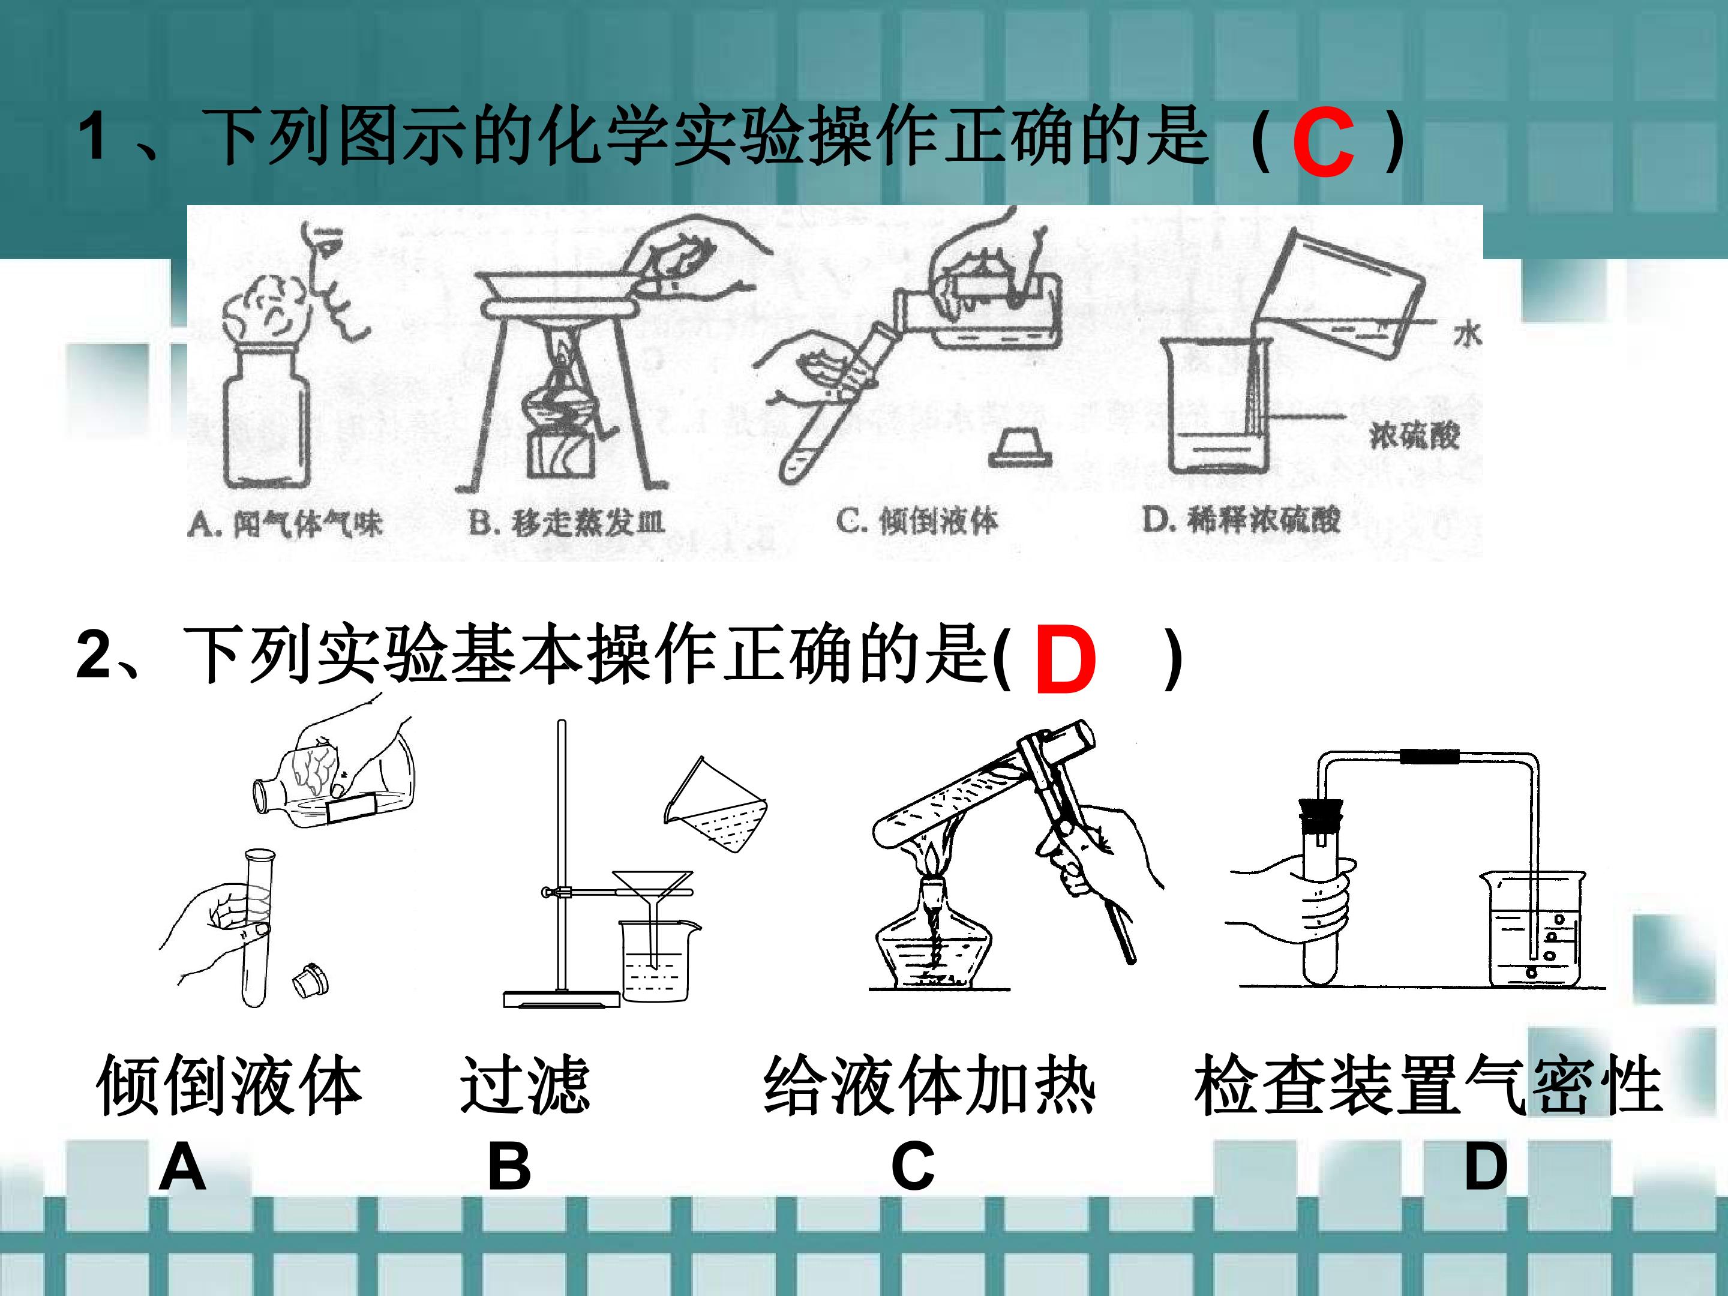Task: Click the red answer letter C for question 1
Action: tap(1322, 143)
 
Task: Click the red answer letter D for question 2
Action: tap(1066, 661)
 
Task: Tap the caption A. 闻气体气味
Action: tap(284, 523)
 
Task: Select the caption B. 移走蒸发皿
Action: tap(566, 522)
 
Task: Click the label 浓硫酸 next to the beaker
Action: tap(1415, 434)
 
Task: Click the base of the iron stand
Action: tap(562, 999)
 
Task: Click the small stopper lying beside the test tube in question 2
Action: tap(310, 980)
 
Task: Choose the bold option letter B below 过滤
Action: tap(509, 1167)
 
